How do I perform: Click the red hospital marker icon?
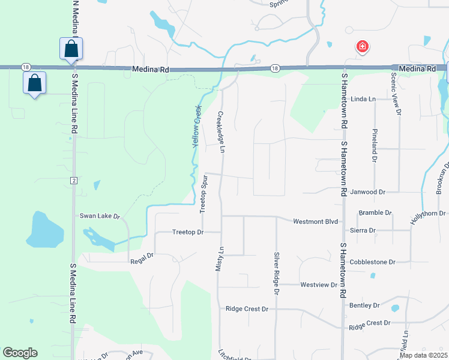(362, 47)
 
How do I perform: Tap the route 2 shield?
(73, 180)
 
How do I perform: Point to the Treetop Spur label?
(203, 194)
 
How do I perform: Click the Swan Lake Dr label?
(100, 216)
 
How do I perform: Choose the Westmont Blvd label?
(316, 221)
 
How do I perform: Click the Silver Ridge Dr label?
(277, 273)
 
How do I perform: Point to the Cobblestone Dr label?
(373, 262)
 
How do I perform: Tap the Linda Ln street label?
(363, 98)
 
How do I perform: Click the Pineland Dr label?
(374, 146)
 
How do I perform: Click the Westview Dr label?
(319, 284)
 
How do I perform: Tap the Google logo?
(20, 353)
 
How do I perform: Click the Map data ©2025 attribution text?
(423, 355)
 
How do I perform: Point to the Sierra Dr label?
(363, 230)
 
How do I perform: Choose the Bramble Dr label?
(375, 213)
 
